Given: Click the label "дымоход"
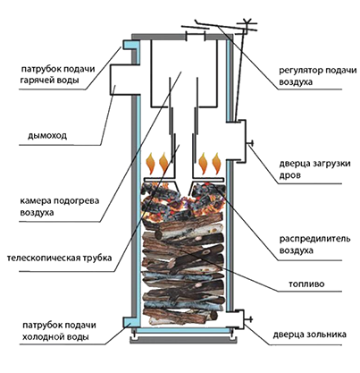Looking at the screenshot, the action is coord(47,136).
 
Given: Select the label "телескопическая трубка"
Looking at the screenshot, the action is coord(59,258).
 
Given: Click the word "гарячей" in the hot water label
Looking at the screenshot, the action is coord(36,81).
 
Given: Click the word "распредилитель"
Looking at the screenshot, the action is coord(314,239).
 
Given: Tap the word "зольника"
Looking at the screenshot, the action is coord(329,335).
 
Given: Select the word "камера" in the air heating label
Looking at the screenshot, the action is coord(34,200).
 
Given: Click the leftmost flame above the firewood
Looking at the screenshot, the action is coord(150,163).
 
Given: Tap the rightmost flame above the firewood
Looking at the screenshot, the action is coord(216,163).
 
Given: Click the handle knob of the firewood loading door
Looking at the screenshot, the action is coord(251,144).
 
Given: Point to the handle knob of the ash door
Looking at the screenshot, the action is coord(249,319).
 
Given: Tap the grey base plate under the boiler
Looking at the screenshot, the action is coord(183,340).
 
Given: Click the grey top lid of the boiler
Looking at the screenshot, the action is coord(181,36).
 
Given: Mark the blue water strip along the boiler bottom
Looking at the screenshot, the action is coord(183,330).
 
